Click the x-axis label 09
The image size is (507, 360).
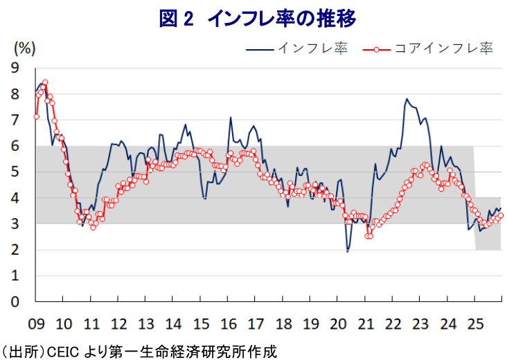coord(36,323)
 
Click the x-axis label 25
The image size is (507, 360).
coord(474,323)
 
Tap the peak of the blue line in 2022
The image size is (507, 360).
coord(407,99)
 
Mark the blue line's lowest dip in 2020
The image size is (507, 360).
coord(347,251)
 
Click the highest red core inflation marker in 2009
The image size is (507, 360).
coord(45,82)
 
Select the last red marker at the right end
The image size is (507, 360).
coord(501,215)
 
